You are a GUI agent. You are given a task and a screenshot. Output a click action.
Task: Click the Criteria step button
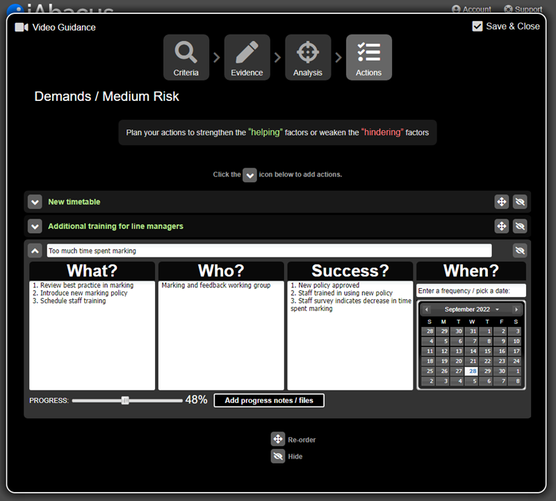186,57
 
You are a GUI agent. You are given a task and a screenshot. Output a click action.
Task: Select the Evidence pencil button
247,57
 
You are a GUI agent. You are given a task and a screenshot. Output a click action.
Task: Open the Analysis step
308,57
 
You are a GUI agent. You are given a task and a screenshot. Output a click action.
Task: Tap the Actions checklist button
369,57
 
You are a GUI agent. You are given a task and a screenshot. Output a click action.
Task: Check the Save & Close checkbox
477,26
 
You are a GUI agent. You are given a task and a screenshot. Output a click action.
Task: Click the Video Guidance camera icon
22,27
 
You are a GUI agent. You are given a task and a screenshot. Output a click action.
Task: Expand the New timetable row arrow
35,202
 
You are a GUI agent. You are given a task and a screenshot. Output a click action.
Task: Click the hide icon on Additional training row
520,226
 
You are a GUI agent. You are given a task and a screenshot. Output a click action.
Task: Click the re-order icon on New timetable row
501,202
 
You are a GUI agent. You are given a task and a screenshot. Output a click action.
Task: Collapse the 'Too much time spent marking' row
35,250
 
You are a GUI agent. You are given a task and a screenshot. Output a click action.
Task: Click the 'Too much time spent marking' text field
270,250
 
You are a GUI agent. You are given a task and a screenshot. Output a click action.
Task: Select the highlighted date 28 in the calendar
472,371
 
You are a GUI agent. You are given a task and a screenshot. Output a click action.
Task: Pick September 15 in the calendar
486,351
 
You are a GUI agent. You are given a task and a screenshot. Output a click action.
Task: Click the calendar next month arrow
516,310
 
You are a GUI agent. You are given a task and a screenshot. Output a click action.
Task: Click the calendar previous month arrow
427,310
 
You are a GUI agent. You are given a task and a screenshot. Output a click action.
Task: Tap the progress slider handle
125,401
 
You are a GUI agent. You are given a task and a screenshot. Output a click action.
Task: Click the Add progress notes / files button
269,401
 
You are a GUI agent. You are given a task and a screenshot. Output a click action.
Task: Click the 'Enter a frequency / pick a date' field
471,291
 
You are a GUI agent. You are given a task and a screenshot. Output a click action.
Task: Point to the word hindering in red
382,132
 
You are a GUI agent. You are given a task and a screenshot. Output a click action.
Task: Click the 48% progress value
196,400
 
